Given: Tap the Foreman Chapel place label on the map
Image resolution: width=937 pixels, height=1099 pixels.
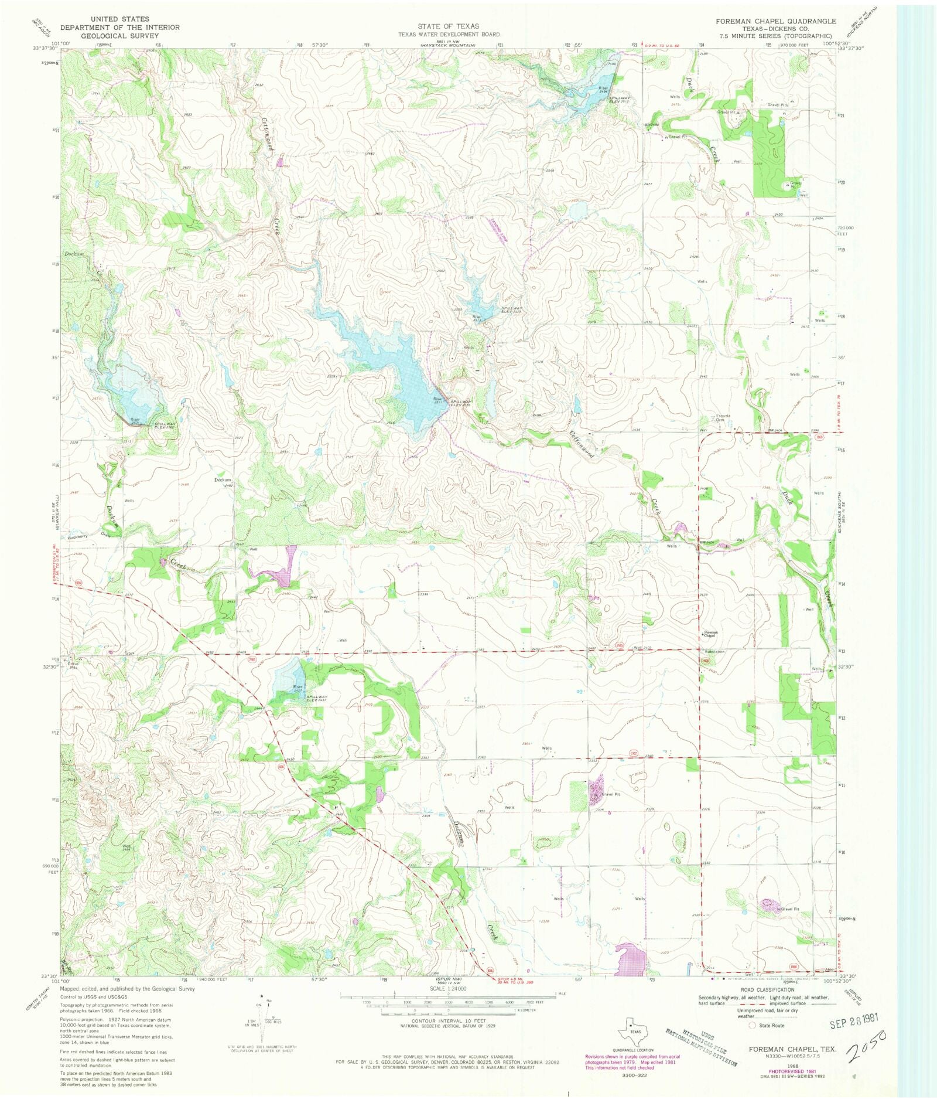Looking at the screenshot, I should point(710,634).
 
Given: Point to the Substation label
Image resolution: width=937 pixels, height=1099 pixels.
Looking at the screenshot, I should point(714,651).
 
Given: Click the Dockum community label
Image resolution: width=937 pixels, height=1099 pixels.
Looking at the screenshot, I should point(223,480).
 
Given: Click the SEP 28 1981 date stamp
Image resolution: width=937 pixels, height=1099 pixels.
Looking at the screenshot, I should point(854,1023).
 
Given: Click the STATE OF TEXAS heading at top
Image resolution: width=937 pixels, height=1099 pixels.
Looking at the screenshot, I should point(448,26).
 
